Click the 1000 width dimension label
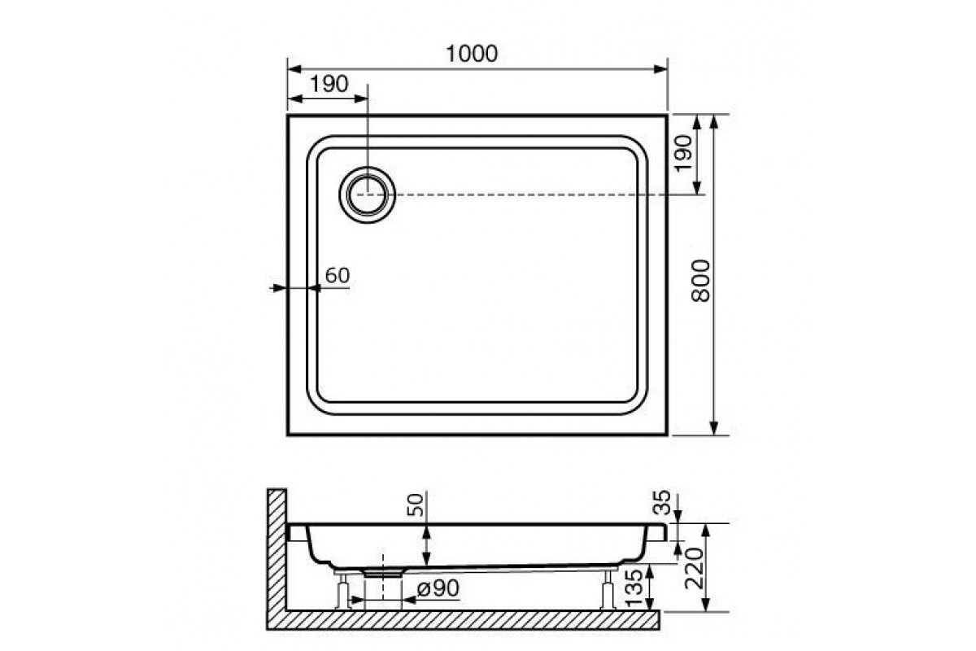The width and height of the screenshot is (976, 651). [472, 54]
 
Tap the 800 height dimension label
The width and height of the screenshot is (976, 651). [700, 281]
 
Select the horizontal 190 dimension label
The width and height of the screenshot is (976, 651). [329, 84]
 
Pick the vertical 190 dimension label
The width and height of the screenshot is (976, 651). [683, 154]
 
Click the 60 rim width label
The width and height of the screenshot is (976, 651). [338, 275]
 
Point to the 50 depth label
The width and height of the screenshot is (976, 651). [416, 505]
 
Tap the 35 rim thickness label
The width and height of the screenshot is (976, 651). [662, 502]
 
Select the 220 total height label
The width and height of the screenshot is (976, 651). [694, 568]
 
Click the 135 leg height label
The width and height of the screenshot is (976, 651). [634, 588]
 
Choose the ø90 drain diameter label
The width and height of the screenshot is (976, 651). [438, 588]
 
